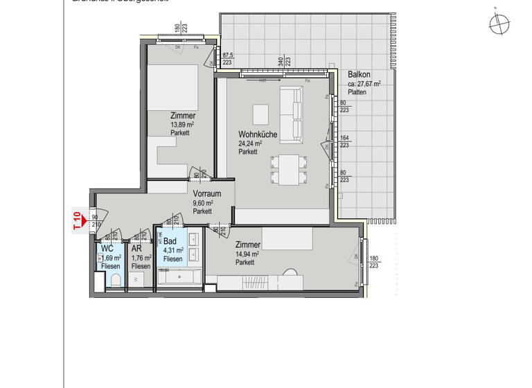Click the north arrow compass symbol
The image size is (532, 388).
point(498,24)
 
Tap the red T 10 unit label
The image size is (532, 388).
point(77,220)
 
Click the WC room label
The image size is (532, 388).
point(107,248)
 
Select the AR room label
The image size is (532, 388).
point(137,248)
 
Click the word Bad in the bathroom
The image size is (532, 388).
point(170,241)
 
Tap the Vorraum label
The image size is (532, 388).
point(206,194)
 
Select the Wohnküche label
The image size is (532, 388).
point(258,134)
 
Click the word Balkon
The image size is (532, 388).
point(359,74)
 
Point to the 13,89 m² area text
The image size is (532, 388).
point(182,125)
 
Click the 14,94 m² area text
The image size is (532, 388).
point(247,254)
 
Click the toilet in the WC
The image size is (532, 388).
point(116,281)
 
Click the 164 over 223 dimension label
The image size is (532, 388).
point(344,141)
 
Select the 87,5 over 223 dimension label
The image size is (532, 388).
point(227,59)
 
